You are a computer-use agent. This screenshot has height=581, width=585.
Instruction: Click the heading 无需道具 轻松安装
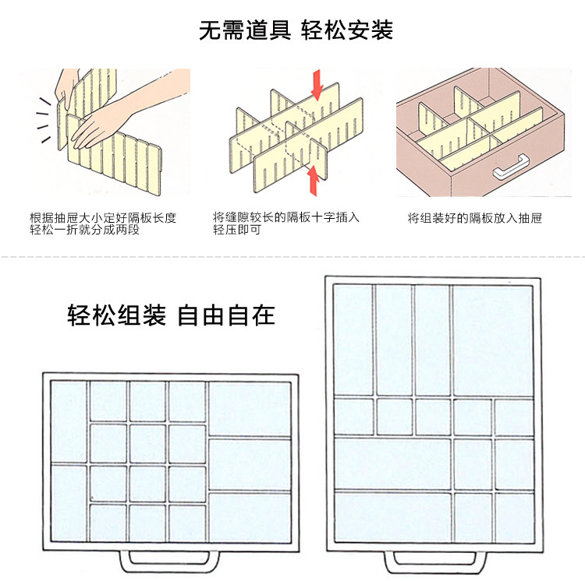point(296,30)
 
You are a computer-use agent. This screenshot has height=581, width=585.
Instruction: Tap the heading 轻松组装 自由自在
point(171,316)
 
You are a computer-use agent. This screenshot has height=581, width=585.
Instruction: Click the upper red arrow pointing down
point(317,84)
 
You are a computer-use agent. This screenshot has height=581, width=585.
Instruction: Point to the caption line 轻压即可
point(237,231)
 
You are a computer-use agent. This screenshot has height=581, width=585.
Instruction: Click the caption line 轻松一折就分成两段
point(84,231)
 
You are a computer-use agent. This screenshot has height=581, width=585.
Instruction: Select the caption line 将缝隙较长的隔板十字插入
point(286,218)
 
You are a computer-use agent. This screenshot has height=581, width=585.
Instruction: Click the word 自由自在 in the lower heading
point(226,316)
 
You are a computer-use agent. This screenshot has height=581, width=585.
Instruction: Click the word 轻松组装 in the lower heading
point(116,316)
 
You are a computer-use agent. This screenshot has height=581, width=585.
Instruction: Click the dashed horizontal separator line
point(292,255)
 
